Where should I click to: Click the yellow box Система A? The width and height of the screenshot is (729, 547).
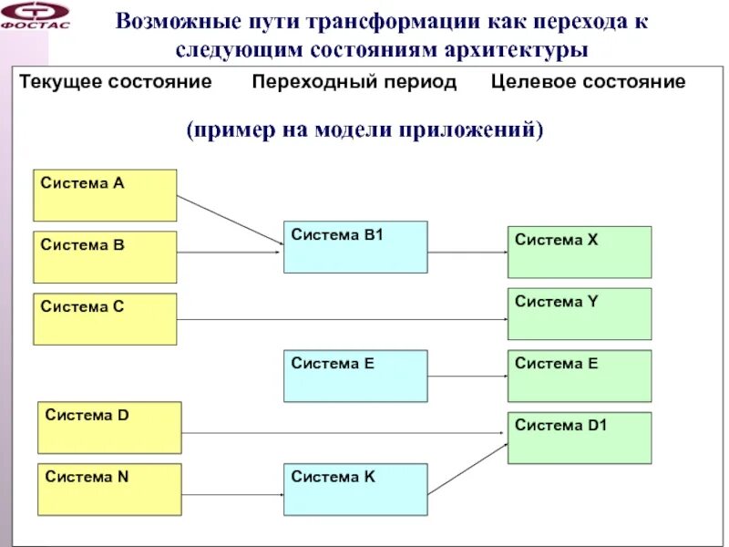point(105,195)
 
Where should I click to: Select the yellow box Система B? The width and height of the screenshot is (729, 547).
point(105,257)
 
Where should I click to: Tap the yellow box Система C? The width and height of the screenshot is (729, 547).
point(105,319)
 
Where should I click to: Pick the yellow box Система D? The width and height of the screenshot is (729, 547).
point(109,428)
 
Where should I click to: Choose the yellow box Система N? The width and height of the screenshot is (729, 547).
point(109,490)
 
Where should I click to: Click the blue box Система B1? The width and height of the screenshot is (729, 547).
point(355,247)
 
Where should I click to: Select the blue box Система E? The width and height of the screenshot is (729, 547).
point(355,376)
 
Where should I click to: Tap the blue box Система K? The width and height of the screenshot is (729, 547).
point(355,490)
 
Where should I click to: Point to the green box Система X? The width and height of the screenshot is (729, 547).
point(580,252)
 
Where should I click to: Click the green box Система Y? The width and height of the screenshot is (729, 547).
point(580,314)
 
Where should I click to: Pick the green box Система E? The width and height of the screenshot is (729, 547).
point(580,376)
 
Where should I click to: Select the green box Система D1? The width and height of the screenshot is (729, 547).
point(580,438)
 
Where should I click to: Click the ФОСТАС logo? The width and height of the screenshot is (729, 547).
point(36,15)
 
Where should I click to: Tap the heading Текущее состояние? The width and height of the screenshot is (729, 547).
point(116,82)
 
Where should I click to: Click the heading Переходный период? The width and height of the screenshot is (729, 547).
point(354,82)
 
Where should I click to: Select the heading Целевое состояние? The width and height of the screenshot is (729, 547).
point(588,82)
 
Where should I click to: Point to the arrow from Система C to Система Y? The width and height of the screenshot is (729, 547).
point(342,319)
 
